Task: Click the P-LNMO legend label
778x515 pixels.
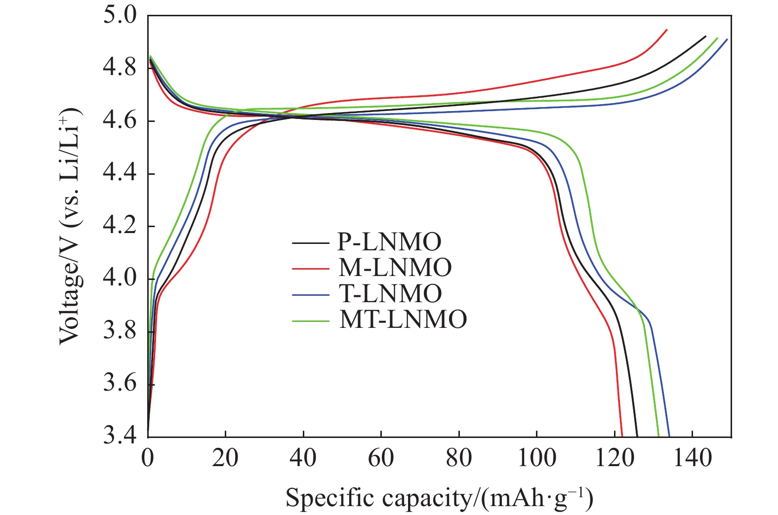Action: coord(389,242)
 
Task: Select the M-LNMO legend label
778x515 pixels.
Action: coord(395,268)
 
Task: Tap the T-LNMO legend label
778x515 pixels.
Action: coord(390,294)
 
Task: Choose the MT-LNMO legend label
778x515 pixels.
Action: coord(402,319)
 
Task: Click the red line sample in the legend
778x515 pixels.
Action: coord(310,268)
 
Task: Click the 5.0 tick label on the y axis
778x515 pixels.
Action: coord(120,15)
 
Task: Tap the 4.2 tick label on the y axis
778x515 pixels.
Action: coord(120,226)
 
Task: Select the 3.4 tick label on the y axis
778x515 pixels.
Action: coord(120,436)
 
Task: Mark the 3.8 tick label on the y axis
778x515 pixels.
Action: coord(120,331)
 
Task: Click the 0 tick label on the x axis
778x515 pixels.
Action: coord(148,458)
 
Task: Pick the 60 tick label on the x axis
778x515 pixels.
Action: coord(381,458)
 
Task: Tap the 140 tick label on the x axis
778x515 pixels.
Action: coord(692,458)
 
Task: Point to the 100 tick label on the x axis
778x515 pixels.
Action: coord(536,458)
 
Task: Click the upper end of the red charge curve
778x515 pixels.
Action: coord(667,30)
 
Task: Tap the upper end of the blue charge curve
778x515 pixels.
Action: coord(727,40)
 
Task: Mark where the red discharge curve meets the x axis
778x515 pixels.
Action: coord(622,436)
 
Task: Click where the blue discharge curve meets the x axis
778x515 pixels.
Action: coord(669,436)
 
